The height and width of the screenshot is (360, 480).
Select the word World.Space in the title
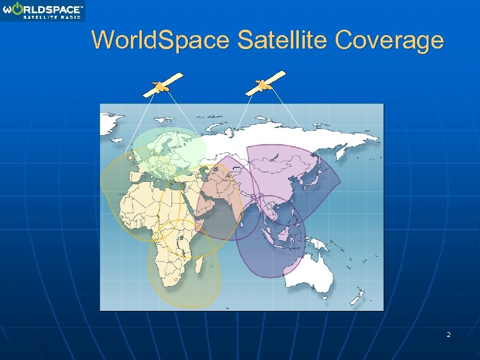tap(161, 41)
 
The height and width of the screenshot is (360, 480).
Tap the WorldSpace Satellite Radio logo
tap(42, 10)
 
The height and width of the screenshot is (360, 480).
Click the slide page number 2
tap(448, 335)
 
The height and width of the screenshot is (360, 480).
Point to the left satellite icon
tap(162, 85)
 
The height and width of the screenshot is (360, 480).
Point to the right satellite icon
tap(265, 84)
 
